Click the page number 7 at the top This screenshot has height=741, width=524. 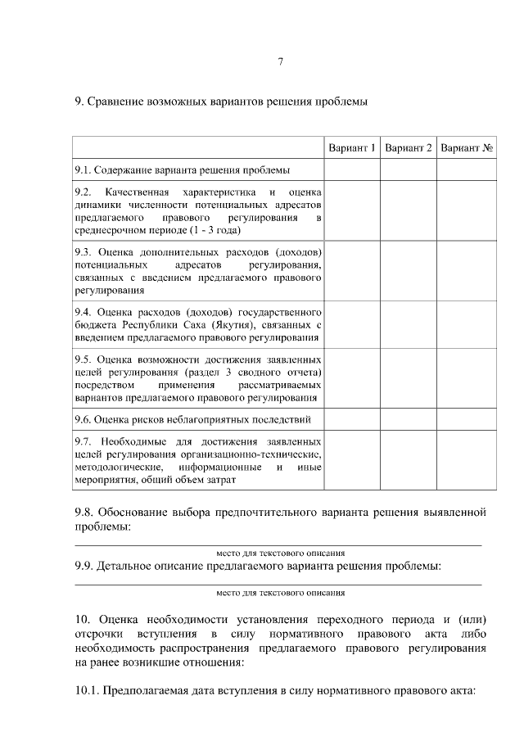[x=281, y=62]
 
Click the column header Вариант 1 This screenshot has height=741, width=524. [x=352, y=148]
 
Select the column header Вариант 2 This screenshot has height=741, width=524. [x=408, y=148]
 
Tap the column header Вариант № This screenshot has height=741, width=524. [x=466, y=148]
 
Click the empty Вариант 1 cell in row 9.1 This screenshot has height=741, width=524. [x=352, y=170]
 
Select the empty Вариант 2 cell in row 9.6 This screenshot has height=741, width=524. [x=408, y=420]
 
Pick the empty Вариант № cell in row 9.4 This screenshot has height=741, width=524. [x=466, y=325]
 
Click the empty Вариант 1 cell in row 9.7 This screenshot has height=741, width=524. [x=352, y=460]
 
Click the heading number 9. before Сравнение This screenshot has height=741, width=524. [x=79, y=102]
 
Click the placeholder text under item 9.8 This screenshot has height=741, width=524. [x=280, y=553]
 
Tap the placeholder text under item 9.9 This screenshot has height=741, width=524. [x=280, y=592]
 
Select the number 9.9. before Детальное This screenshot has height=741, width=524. [x=85, y=567]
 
